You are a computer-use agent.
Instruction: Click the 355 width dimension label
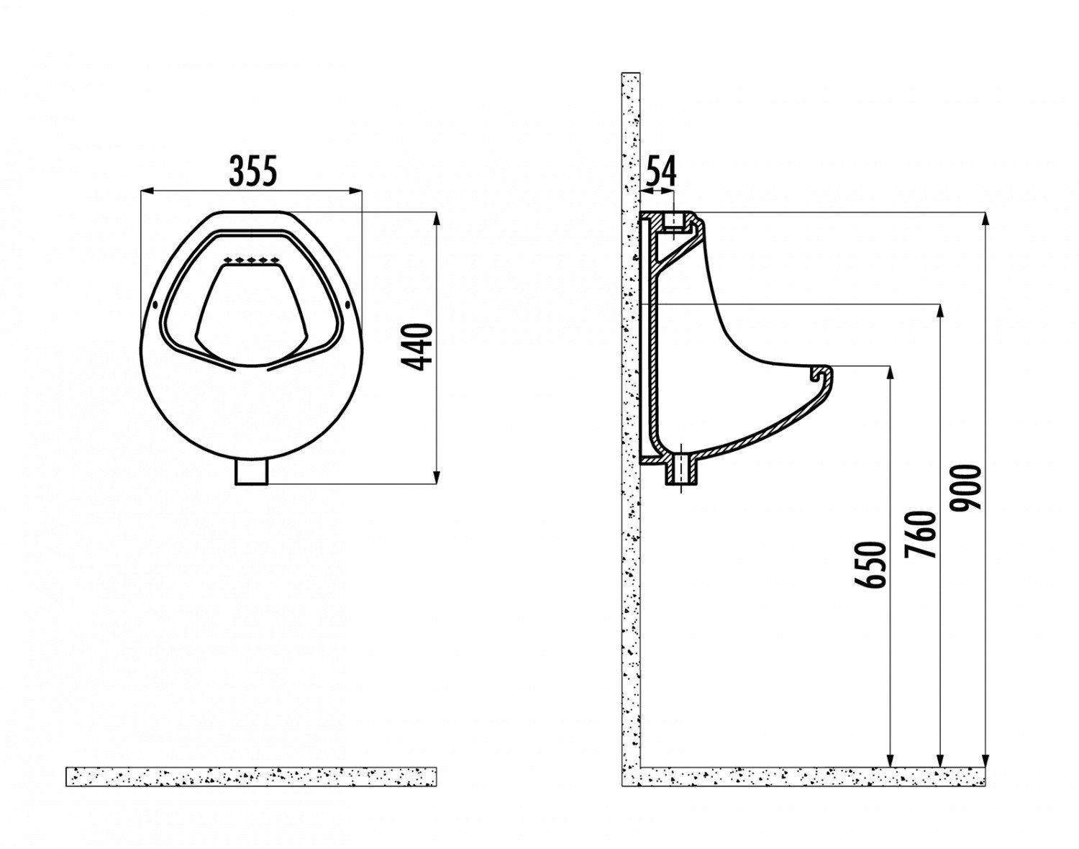(253, 171)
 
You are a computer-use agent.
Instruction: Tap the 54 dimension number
(660, 171)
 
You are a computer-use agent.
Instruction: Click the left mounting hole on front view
(155, 304)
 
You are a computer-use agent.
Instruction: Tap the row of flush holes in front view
(251, 260)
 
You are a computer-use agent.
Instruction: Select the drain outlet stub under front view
(252, 473)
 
